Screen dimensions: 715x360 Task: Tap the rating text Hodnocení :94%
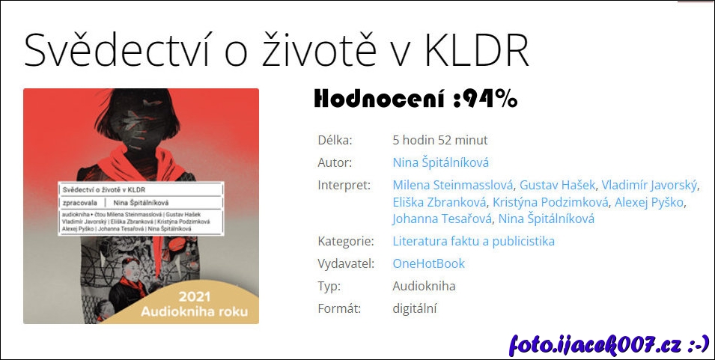pyautogui.click(x=416, y=99)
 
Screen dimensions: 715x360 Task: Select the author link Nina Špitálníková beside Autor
pyautogui.click(x=440, y=162)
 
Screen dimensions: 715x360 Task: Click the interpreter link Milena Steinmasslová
pyautogui.click(x=453, y=185)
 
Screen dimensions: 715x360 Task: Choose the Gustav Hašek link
pyautogui.click(x=557, y=185)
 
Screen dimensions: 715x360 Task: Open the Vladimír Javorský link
pyautogui.click(x=649, y=185)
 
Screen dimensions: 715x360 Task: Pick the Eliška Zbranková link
pyautogui.click(x=439, y=202)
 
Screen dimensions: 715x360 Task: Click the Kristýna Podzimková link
pyautogui.click(x=550, y=202)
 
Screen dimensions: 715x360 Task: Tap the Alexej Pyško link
pyautogui.click(x=649, y=202)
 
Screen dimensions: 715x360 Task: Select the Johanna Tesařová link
pyautogui.click(x=442, y=219)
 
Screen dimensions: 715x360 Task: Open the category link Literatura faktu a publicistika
pyautogui.click(x=474, y=241)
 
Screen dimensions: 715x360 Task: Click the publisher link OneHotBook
pyautogui.click(x=429, y=263)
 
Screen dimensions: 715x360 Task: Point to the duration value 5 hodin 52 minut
pyautogui.click(x=440, y=140)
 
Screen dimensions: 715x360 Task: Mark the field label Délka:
pyautogui.click(x=335, y=140)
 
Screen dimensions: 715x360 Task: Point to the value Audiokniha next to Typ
pyautogui.click(x=424, y=286)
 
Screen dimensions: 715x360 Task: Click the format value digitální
pyautogui.click(x=415, y=309)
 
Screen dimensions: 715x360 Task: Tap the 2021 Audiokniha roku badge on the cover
pyautogui.click(x=194, y=304)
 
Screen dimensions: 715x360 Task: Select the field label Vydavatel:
pyautogui.click(x=346, y=263)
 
